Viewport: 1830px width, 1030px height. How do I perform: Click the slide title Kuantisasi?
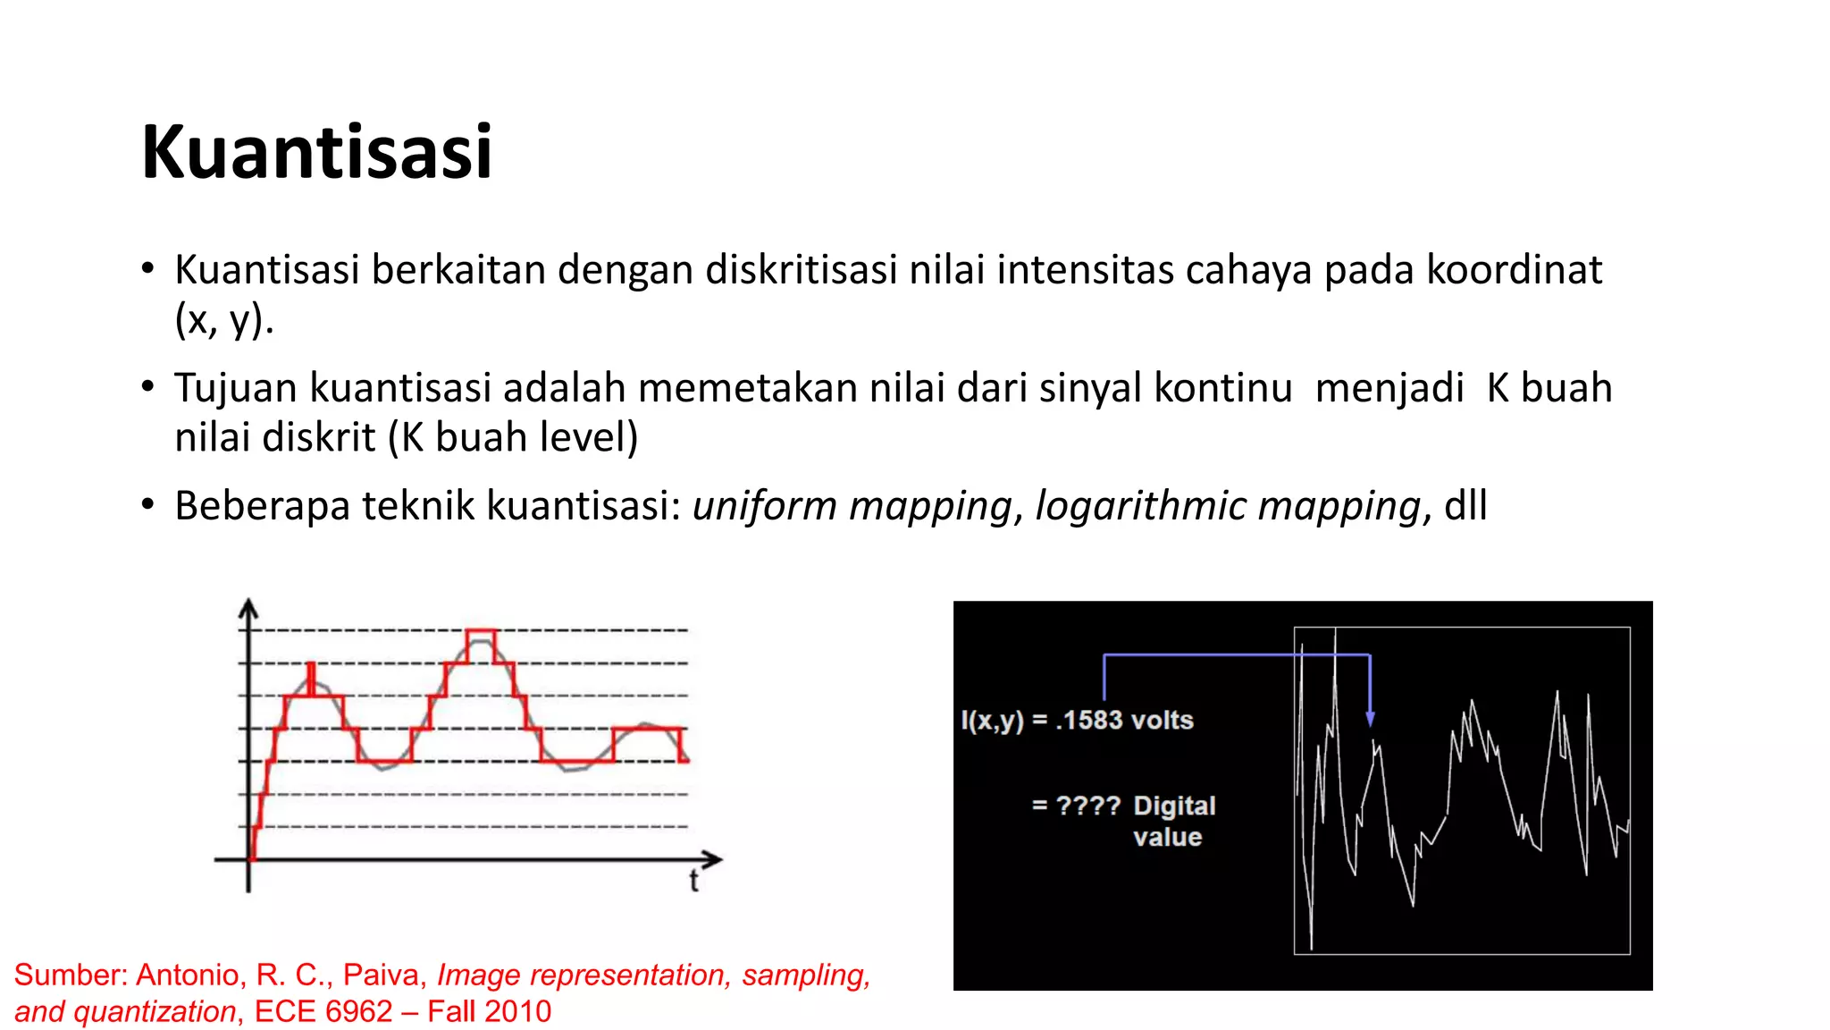pos(316,152)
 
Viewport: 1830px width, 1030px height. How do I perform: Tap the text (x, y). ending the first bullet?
pos(223,319)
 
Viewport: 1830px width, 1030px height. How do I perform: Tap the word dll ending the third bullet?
pos(1465,506)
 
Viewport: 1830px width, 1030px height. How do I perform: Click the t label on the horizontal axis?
pos(693,882)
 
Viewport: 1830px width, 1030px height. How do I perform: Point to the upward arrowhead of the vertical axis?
pos(248,608)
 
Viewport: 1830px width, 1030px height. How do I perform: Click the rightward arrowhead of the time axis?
pos(712,860)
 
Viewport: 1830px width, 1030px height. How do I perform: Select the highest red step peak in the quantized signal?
pos(481,632)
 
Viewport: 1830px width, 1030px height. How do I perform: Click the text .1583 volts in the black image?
pos(1124,721)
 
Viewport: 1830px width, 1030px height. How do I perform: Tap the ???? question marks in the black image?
pos(1087,806)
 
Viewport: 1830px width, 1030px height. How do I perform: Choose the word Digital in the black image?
pos(1174,806)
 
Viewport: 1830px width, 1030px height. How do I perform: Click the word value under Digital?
pos(1167,838)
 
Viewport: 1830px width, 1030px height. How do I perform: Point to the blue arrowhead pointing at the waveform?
pos(1370,719)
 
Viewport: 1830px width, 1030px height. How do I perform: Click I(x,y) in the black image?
pos(992,721)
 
